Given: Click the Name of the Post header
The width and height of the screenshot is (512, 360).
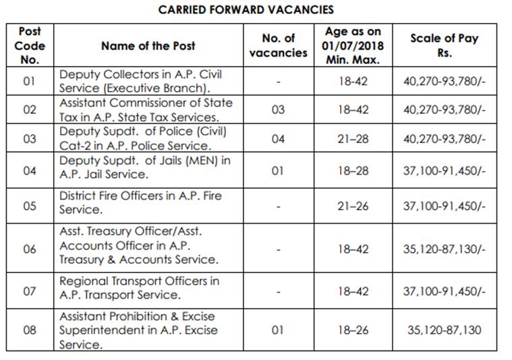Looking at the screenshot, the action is pyautogui.click(x=148, y=46).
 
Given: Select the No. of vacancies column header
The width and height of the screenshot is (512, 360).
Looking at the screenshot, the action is pyautogui.click(x=278, y=46).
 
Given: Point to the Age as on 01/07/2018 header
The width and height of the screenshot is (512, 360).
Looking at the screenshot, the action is pyautogui.click(x=353, y=46).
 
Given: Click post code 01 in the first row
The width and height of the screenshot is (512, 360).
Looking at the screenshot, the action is pyautogui.click(x=29, y=82).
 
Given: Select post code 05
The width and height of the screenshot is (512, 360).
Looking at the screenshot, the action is pyautogui.click(x=29, y=206).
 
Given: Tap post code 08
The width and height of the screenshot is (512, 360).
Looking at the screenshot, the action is pyautogui.click(x=29, y=330).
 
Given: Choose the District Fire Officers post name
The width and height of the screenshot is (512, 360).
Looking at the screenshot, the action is pyautogui.click(x=140, y=203).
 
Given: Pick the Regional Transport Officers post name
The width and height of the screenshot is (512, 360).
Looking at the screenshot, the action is pyautogui.click(x=139, y=287).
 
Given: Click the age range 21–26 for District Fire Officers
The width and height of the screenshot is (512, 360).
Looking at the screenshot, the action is pyautogui.click(x=353, y=206).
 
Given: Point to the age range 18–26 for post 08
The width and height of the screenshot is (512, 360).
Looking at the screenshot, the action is pyautogui.click(x=353, y=330).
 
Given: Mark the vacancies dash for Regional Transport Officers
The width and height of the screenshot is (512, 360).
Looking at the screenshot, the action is pyautogui.click(x=278, y=291).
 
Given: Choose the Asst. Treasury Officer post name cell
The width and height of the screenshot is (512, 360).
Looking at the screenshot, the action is pyautogui.click(x=138, y=245).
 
